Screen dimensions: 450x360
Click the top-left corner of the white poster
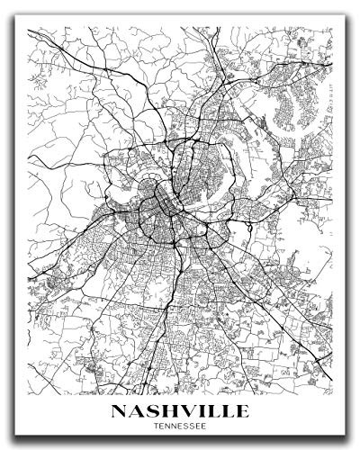11,4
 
